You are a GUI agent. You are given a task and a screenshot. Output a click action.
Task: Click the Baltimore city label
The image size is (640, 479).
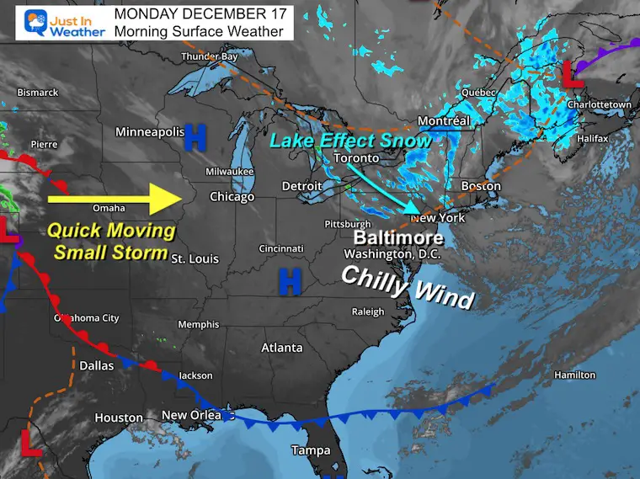(398, 237)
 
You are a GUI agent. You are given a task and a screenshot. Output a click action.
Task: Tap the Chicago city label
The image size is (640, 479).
(232, 197)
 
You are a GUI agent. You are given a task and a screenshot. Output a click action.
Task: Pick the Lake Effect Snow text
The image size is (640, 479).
(350, 140)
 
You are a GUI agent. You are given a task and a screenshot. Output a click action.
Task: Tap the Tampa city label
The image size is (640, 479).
(311, 450)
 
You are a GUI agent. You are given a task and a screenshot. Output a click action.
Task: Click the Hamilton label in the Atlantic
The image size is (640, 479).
(575, 375)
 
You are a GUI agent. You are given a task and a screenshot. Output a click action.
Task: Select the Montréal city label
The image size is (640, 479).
(443, 121)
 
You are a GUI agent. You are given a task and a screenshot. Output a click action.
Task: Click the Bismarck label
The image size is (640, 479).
(37, 92)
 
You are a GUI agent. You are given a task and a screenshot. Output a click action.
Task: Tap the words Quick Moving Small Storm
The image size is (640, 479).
(111, 241)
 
